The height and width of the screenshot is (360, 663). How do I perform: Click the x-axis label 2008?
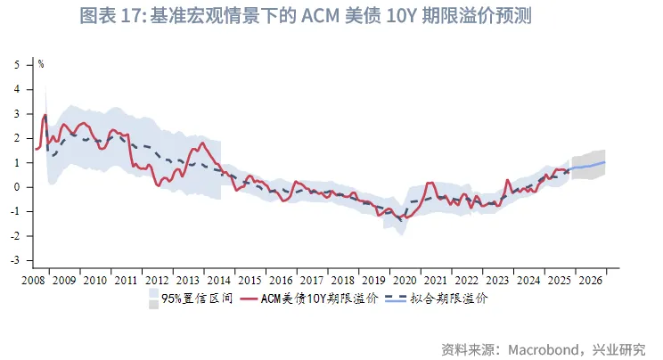tap(33, 280)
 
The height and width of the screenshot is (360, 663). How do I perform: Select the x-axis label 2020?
tap(405, 280)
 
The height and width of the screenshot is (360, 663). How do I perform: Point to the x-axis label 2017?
tap(311, 280)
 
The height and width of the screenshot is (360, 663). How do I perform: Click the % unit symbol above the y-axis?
tap(41, 64)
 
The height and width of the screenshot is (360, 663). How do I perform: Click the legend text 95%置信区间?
tap(196, 299)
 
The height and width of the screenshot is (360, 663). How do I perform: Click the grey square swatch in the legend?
tap(153, 305)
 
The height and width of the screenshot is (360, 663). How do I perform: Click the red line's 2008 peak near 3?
tap(45, 115)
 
